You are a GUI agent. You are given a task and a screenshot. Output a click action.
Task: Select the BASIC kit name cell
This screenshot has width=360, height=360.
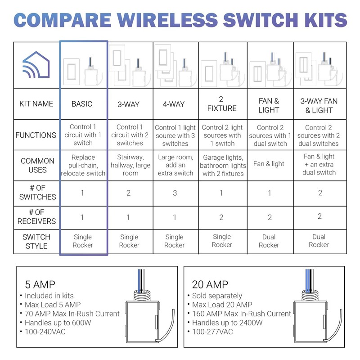coord(82,104)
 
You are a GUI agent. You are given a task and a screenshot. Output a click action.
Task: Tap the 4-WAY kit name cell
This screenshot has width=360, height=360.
coord(174,104)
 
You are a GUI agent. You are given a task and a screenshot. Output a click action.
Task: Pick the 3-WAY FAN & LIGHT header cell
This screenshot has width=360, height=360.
coord(319,105)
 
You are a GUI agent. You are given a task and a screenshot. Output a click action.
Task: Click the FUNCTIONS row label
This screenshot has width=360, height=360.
coord(36,135)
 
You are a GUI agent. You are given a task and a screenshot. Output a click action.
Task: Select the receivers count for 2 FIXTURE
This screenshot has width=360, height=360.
coord(222,217)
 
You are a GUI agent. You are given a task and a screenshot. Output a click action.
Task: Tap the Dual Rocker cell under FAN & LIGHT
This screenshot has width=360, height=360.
coord(269,241)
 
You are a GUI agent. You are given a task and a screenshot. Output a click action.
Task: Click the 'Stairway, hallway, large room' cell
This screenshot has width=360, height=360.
coord(130,165)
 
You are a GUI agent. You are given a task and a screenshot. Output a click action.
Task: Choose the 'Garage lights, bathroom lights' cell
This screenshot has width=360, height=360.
coord(223,165)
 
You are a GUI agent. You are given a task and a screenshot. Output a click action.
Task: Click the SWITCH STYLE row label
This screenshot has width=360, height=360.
coord(36,241)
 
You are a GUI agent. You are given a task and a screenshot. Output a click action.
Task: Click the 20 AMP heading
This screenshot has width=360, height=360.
coord(210,284)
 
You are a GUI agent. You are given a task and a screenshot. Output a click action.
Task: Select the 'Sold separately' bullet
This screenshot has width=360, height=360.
coord(214,296)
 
